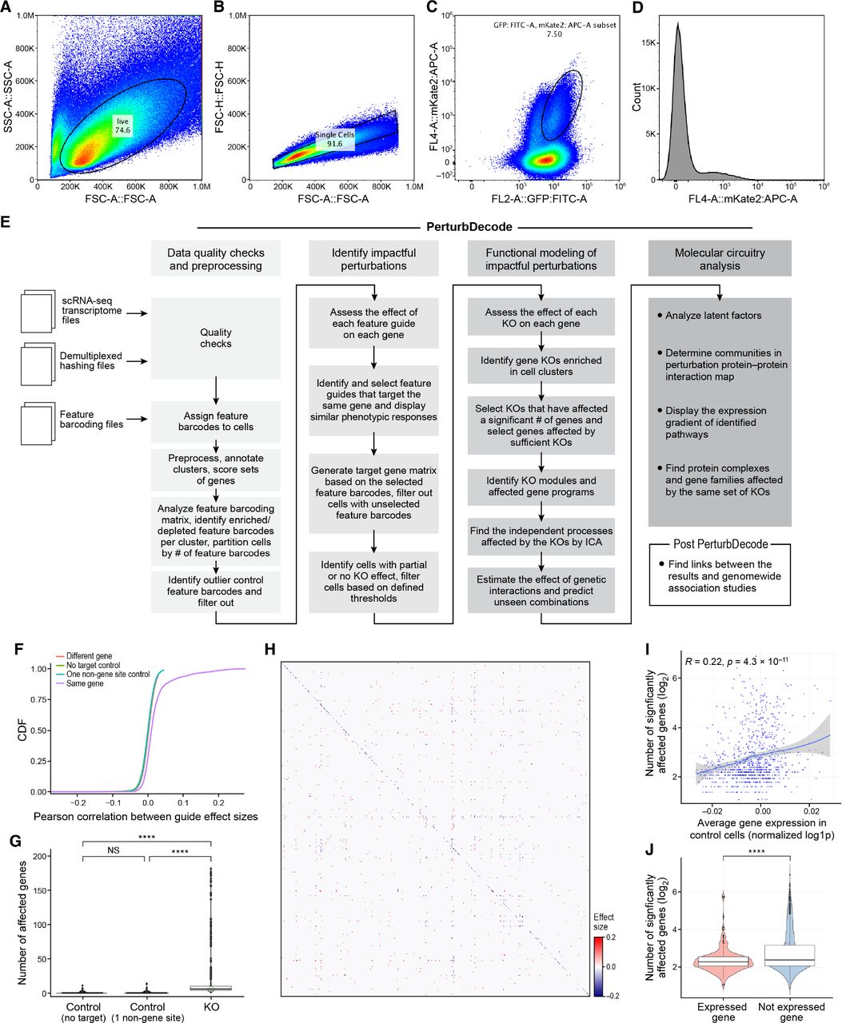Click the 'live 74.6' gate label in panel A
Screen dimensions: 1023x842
point(122,125)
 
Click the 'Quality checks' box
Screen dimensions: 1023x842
point(216,338)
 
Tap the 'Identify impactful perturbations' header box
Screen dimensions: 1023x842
point(373,260)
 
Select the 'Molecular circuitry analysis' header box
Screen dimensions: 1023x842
point(720,259)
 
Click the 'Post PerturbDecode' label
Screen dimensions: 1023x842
point(719,544)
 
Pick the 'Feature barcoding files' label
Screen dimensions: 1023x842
point(89,420)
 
